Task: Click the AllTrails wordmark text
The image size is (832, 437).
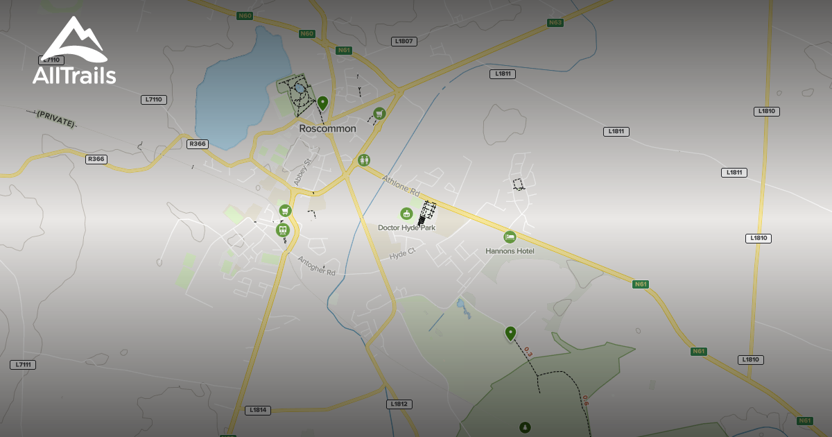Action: (x=74, y=75)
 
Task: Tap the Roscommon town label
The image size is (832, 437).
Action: (x=327, y=128)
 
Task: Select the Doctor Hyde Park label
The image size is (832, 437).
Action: (x=406, y=228)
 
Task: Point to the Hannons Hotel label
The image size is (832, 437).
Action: (x=510, y=250)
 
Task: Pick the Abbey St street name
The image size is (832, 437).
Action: (x=304, y=171)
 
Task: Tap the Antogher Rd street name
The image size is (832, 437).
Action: (x=317, y=266)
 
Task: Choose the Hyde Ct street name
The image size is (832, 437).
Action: (x=401, y=255)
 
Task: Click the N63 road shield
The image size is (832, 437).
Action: (x=555, y=23)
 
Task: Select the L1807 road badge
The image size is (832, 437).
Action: (x=404, y=42)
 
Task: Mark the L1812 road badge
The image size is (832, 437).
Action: (x=399, y=404)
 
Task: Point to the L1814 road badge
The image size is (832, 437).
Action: (x=257, y=410)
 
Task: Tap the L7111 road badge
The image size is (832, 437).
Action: (x=23, y=365)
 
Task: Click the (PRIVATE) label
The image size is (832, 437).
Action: (x=56, y=118)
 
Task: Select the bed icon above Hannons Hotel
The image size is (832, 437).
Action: (x=510, y=237)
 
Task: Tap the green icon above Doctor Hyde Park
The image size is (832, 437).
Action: (x=406, y=214)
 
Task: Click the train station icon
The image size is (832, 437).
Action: (x=282, y=230)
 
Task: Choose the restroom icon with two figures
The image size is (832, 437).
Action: (x=364, y=160)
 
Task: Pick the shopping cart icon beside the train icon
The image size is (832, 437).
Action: (x=285, y=210)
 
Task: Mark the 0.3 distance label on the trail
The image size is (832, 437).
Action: (x=528, y=352)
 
